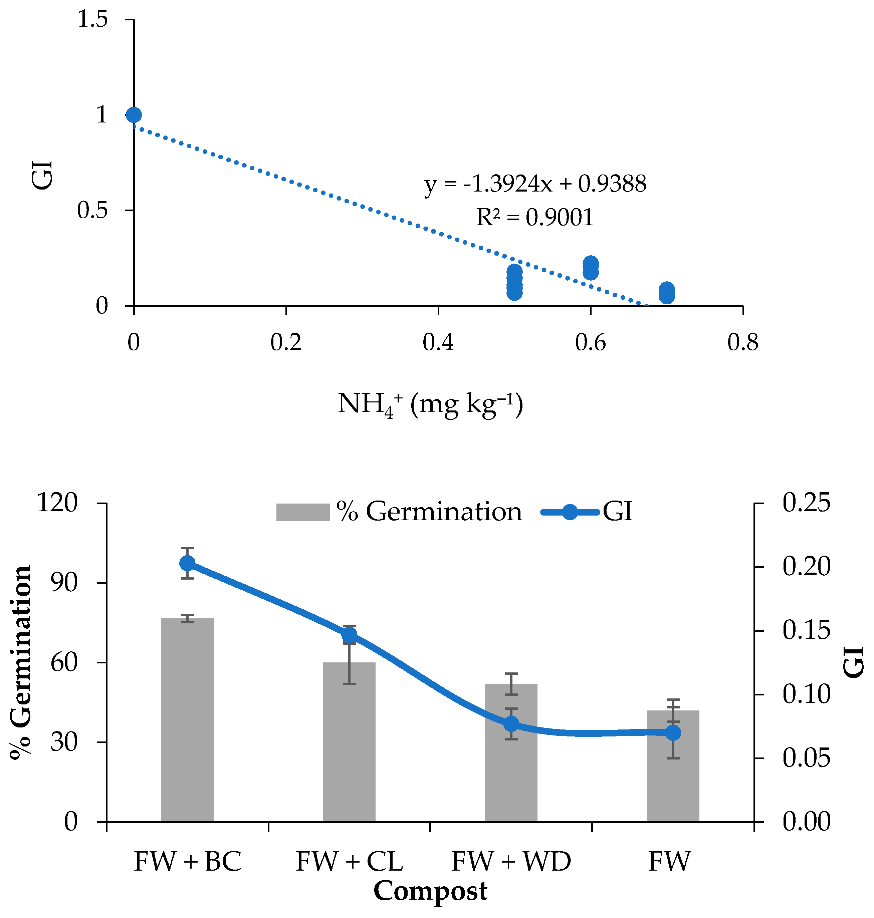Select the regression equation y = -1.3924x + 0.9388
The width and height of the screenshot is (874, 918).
point(535,184)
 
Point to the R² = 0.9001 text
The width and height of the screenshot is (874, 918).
point(535,217)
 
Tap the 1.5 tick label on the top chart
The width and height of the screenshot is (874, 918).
point(92,20)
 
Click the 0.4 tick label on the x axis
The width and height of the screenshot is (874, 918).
point(438,342)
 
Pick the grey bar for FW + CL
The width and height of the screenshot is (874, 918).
point(350,742)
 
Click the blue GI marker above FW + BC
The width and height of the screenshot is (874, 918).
point(187,563)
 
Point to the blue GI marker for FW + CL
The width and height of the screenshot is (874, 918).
point(350,634)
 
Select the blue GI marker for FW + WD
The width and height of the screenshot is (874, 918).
point(511,724)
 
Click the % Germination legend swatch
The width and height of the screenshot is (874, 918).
point(303,512)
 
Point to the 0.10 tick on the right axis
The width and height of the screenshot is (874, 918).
point(807,694)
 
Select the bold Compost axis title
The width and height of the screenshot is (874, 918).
point(430,891)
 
